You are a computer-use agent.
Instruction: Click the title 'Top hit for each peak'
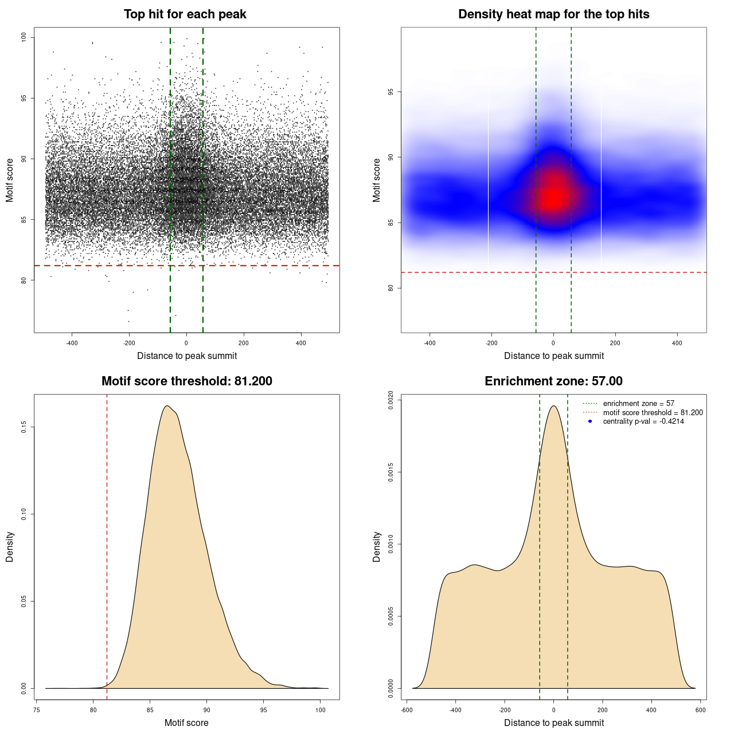point(185,14)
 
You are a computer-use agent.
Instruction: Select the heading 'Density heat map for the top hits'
point(553,14)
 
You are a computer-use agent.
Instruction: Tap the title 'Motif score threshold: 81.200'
point(186,381)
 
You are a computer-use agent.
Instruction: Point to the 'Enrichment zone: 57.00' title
point(553,381)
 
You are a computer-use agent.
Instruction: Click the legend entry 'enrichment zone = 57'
point(638,404)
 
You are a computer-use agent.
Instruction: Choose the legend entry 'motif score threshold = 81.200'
point(653,412)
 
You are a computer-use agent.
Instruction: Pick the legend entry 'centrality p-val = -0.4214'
point(643,421)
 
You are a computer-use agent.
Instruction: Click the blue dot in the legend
point(590,421)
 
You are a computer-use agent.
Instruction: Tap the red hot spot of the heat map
point(553,197)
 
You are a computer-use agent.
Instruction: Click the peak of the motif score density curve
point(167,406)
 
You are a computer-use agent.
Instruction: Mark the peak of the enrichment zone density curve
point(553,406)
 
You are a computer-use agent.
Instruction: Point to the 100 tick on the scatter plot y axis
point(24,37)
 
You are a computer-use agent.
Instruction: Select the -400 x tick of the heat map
point(430,343)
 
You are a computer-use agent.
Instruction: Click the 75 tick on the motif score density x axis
point(37,710)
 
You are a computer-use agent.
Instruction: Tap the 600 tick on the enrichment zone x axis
point(700,710)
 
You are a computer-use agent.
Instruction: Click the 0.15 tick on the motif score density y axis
point(24,427)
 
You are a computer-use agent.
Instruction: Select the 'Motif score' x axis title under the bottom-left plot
point(186,723)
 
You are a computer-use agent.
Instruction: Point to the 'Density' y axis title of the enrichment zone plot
point(377,546)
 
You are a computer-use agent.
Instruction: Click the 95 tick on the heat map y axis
point(391,92)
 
